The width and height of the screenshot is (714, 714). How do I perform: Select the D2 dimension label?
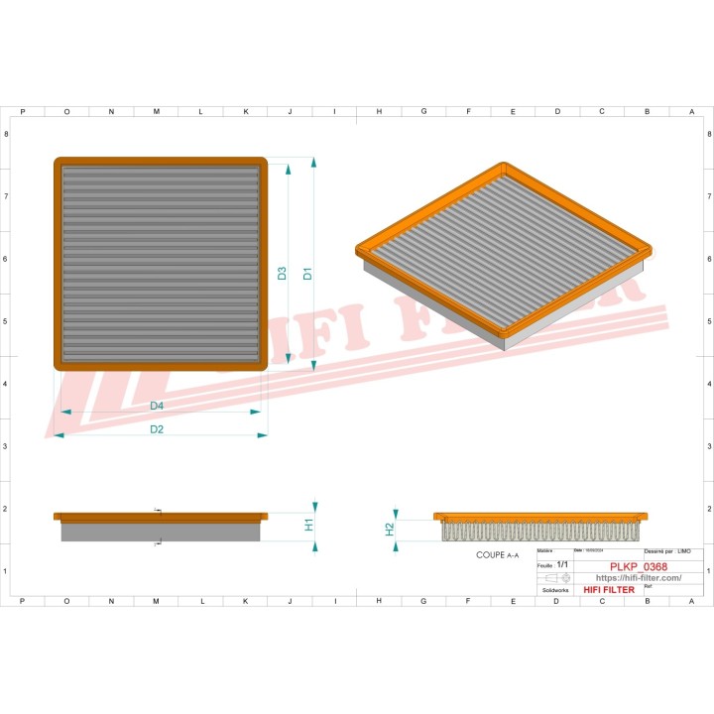pyautogui.click(x=157, y=429)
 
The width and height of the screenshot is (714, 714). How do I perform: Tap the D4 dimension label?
pyautogui.click(x=157, y=406)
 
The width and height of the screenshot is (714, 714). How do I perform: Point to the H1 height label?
pyautogui.click(x=308, y=523)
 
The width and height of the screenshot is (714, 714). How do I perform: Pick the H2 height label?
pyautogui.click(x=390, y=529)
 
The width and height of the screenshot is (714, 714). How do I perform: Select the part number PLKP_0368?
pyautogui.click(x=638, y=566)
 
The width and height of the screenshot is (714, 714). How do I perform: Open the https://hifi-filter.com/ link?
pyautogui.click(x=638, y=578)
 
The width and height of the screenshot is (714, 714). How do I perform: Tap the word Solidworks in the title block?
pyautogui.click(x=554, y=590)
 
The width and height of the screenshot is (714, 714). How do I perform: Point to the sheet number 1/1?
pyautogui.click(x=563, y=563)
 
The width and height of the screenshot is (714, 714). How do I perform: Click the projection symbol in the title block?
pyautogui.click(x=557, y=577)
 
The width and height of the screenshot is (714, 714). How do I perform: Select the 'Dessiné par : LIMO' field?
pyautogui.click(x=673, y=550)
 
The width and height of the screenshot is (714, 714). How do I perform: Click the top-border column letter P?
pyautogui.click(x=22, y=111)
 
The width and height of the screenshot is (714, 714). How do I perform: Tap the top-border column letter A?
pyautogui.click(x=691, y=111)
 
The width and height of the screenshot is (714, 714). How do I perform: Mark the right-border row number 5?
pyautogui.click(x=706, y=321)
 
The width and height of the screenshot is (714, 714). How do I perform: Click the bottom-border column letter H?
pyautogui.click(x=379, y=601)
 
